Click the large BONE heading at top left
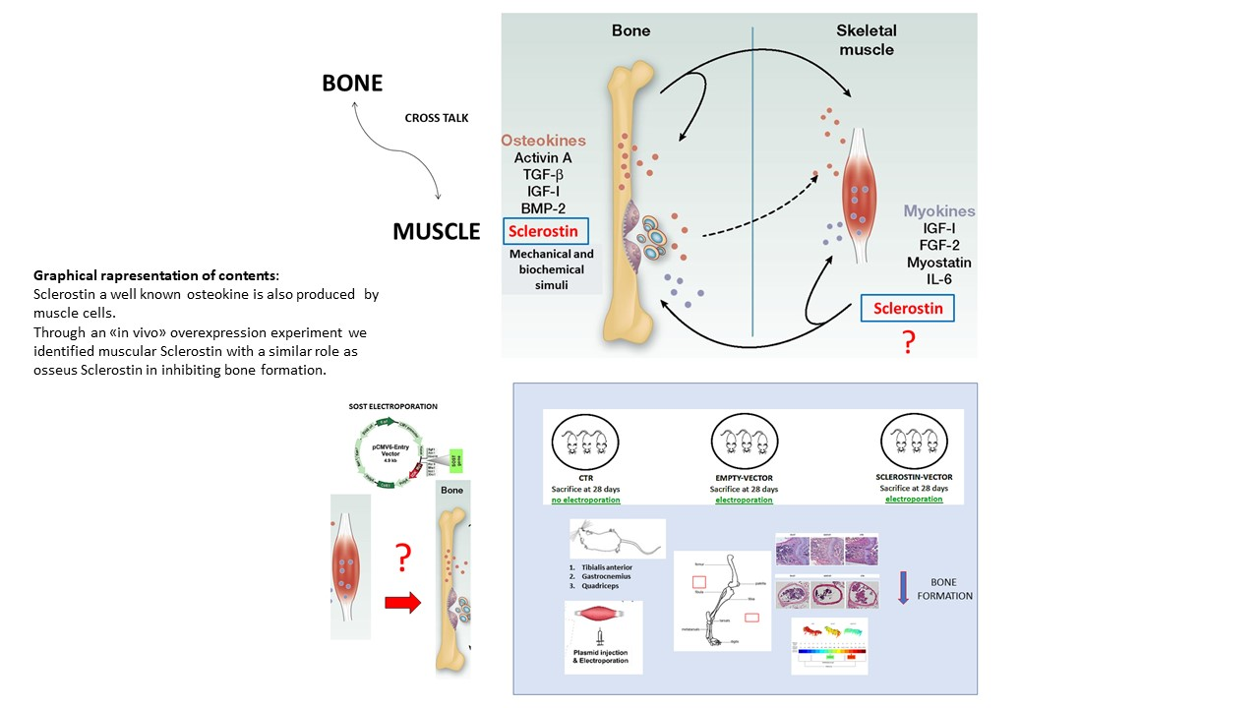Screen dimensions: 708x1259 pyautogui.click(x=351, y=84)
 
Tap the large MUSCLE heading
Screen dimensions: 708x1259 pyautogui.click(x=436, y=232)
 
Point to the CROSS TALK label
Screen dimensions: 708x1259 pyautogui.click(x=437, y=118)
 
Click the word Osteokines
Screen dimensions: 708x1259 pyautogui.click(x=543, y=141)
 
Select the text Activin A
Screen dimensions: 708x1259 pyautogui.click(x=542, y=157)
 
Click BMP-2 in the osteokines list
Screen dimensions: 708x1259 pyautogui.click(x=542, y=207)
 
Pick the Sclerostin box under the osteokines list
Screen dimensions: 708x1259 pyautogui.click(x=546, y=231)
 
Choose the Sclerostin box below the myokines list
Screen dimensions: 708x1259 pyautogui.click(x=906, y=308)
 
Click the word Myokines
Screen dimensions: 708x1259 pyautogui.click(x=939, y=210)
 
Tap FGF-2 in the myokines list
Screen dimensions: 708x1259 pyautogui.click(x=939, y=245)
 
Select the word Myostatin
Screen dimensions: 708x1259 pyautogui.click(x=939, y=263)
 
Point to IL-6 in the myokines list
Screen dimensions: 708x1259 pyautogui.click(x=939, y=279)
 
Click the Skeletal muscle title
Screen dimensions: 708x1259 pyautogui.click(x=867, y=39)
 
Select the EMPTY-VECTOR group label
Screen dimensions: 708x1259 pyautogui.click(x=744, y=477)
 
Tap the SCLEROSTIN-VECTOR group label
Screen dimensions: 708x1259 pyautogui.click(x=914, y=477)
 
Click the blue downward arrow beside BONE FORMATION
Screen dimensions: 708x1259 pyautogui.click(x=903, y=587)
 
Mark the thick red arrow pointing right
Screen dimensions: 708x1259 pyautogui.click(x=401, y=604)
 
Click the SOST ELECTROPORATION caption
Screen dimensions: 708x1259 pyautogui.click(x=392, y=406)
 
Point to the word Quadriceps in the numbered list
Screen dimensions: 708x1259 pyautogui.click(x=604, y=578)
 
